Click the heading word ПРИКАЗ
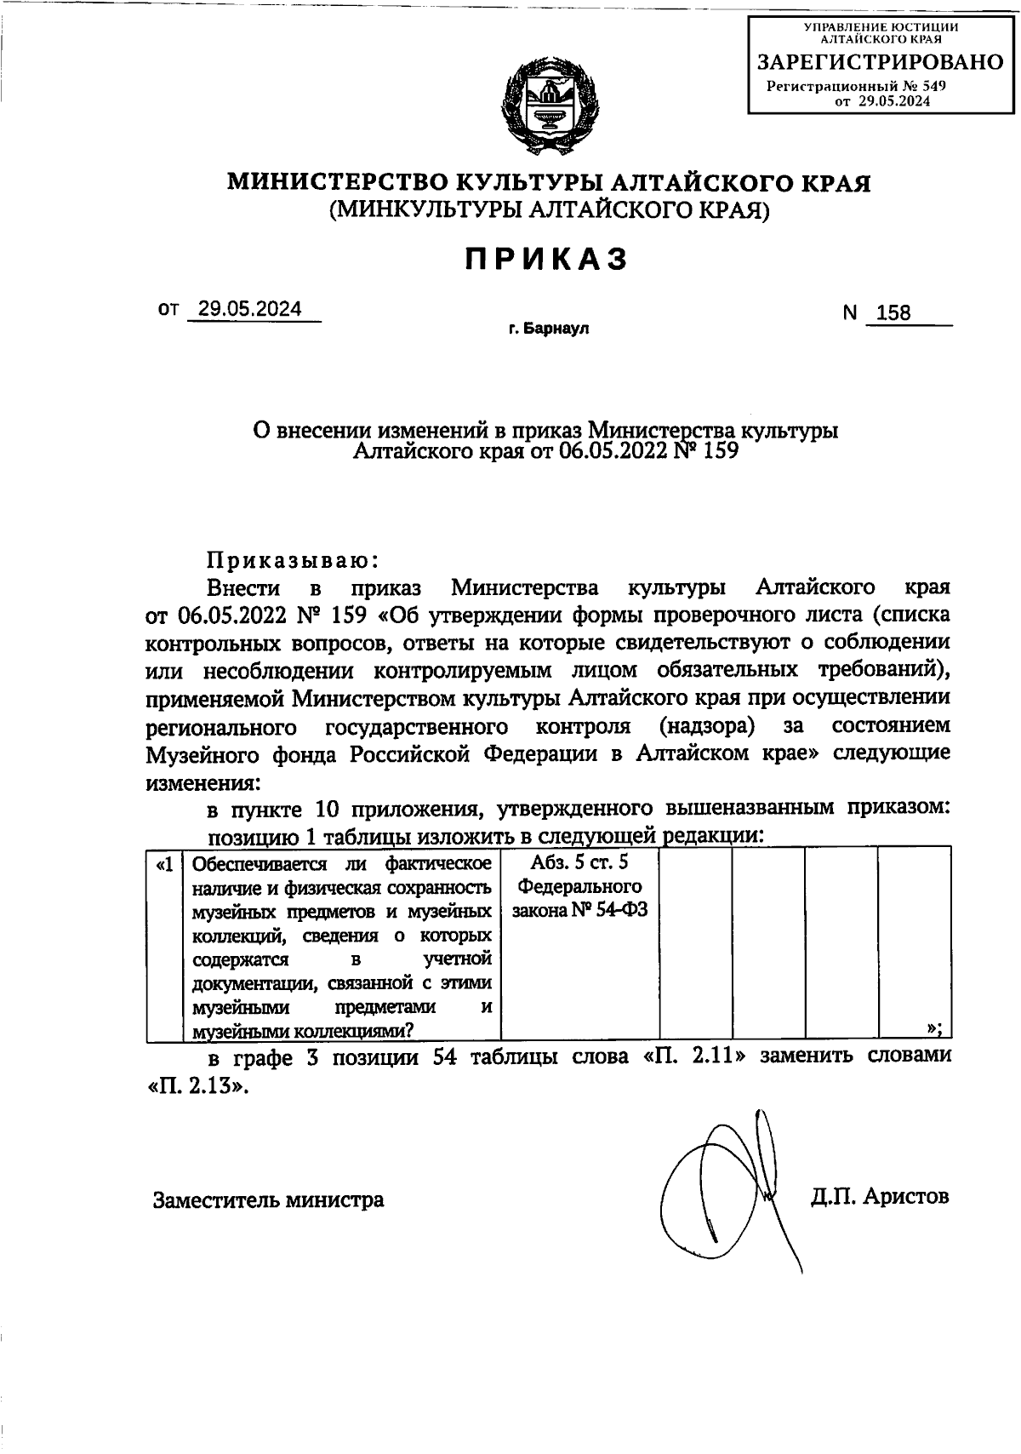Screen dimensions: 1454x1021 coord(547,259)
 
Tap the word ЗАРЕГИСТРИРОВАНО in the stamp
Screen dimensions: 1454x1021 coord(881,62)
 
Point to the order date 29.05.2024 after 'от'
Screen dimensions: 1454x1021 coord(249,310)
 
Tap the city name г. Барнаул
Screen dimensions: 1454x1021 coord(549,329)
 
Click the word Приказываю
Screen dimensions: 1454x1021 coord(291,560)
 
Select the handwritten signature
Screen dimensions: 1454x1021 coord(732,1192)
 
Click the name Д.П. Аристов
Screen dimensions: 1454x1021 coord(880,1197)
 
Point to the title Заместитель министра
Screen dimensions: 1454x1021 coord(268,1200)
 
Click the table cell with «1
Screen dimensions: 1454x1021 coord(165,865)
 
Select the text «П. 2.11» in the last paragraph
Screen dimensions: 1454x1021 coord(696,1057)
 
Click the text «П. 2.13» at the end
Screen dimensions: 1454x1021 coord(199,1087)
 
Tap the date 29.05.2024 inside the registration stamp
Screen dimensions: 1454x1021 coord(893,101)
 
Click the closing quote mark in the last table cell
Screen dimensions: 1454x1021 coord(933,1028)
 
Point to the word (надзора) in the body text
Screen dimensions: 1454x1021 coord(706,727)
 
